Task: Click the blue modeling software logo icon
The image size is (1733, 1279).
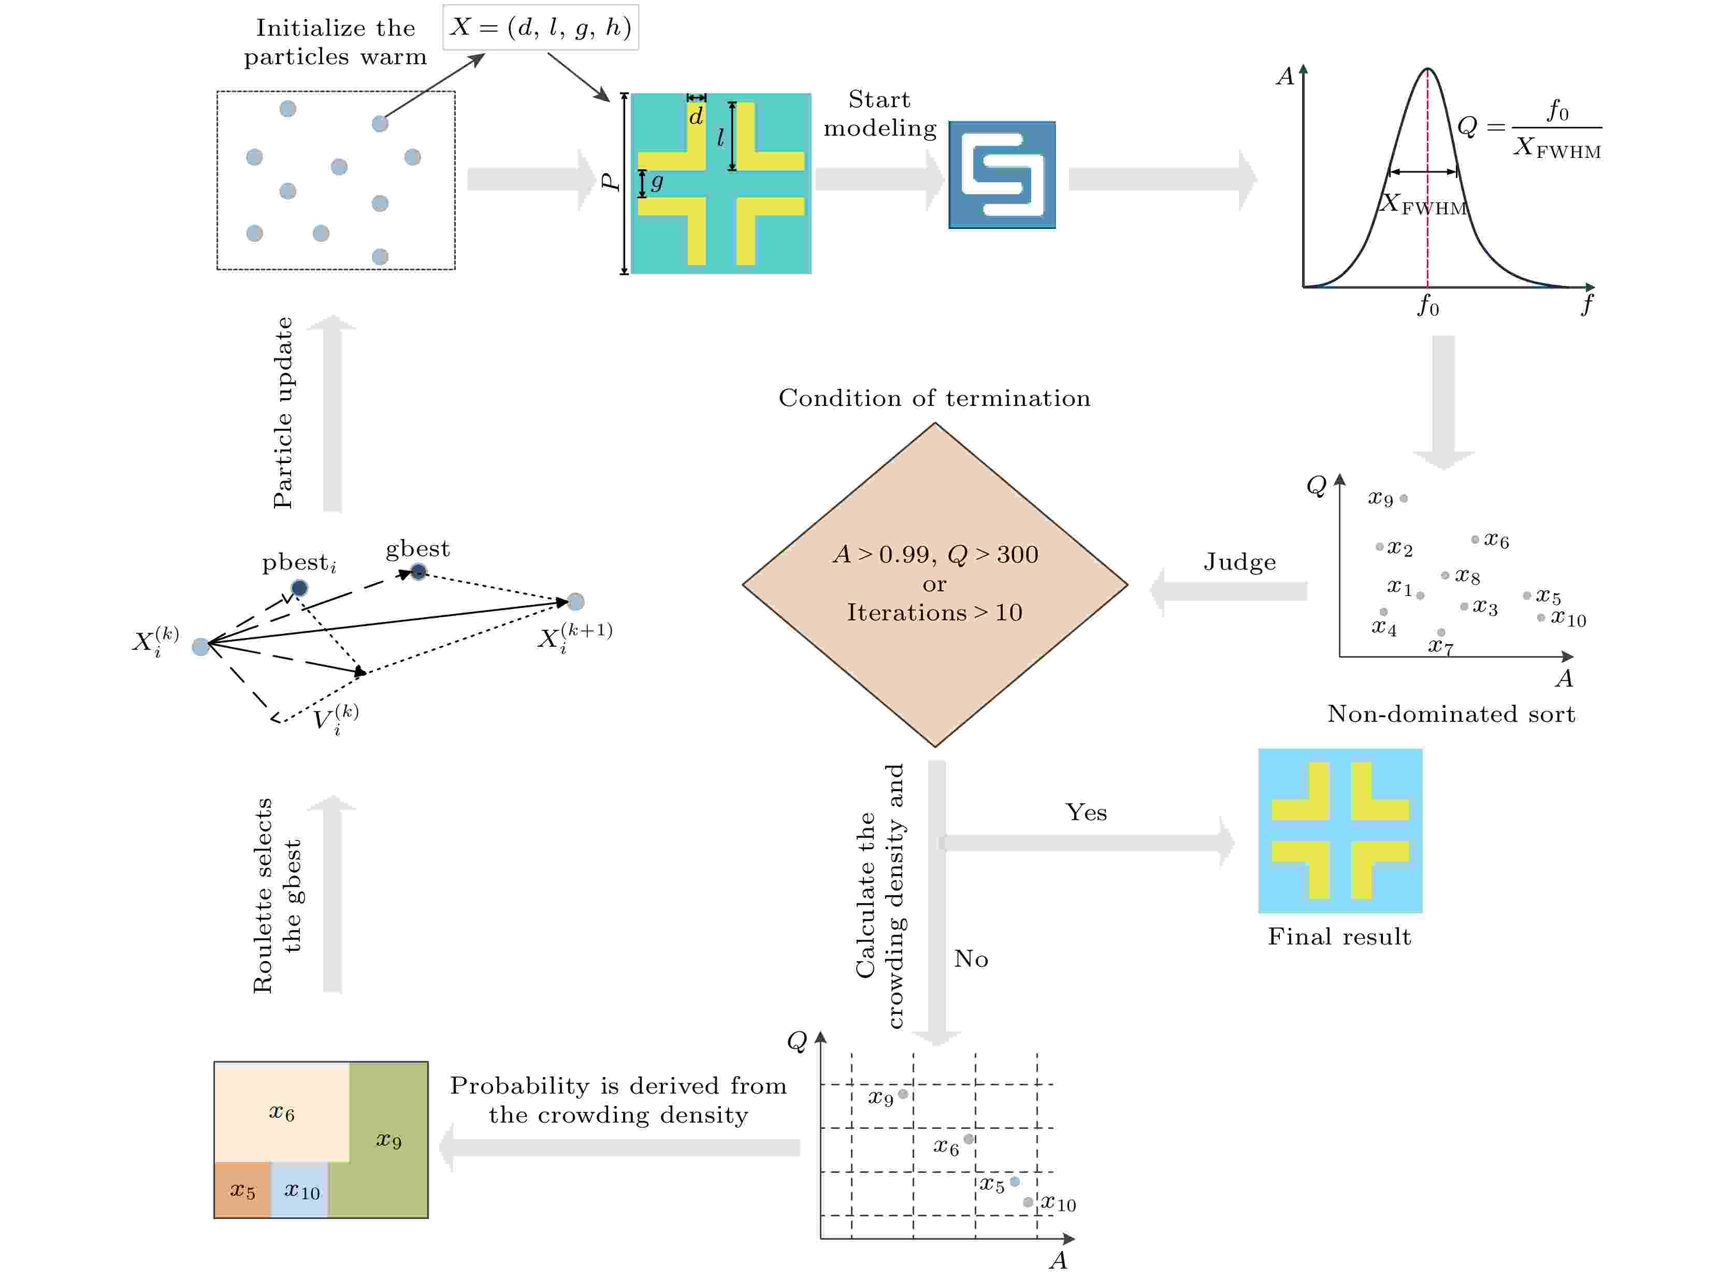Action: [x=1002, y=175]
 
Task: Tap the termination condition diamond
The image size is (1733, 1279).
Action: [x=935, y=585]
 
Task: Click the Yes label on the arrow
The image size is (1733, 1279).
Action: [x=1086, y=812]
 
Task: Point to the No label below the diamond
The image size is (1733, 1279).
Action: [x=971, y=958]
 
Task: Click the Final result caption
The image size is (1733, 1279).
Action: [x=1339, y=937]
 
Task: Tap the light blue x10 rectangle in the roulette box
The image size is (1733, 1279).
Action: [x=300, y=1190]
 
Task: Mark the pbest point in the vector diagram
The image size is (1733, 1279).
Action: [x=299, y=588]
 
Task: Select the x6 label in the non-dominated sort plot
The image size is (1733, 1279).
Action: [x=1496, y=541]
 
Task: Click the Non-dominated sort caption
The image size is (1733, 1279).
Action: [x=1450, y=714]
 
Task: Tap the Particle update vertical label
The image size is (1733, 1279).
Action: [x=283, y=413]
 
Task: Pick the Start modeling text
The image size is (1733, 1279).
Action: [x=879, y=114]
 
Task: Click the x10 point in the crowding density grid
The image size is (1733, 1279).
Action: [x=1028, y=1202]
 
